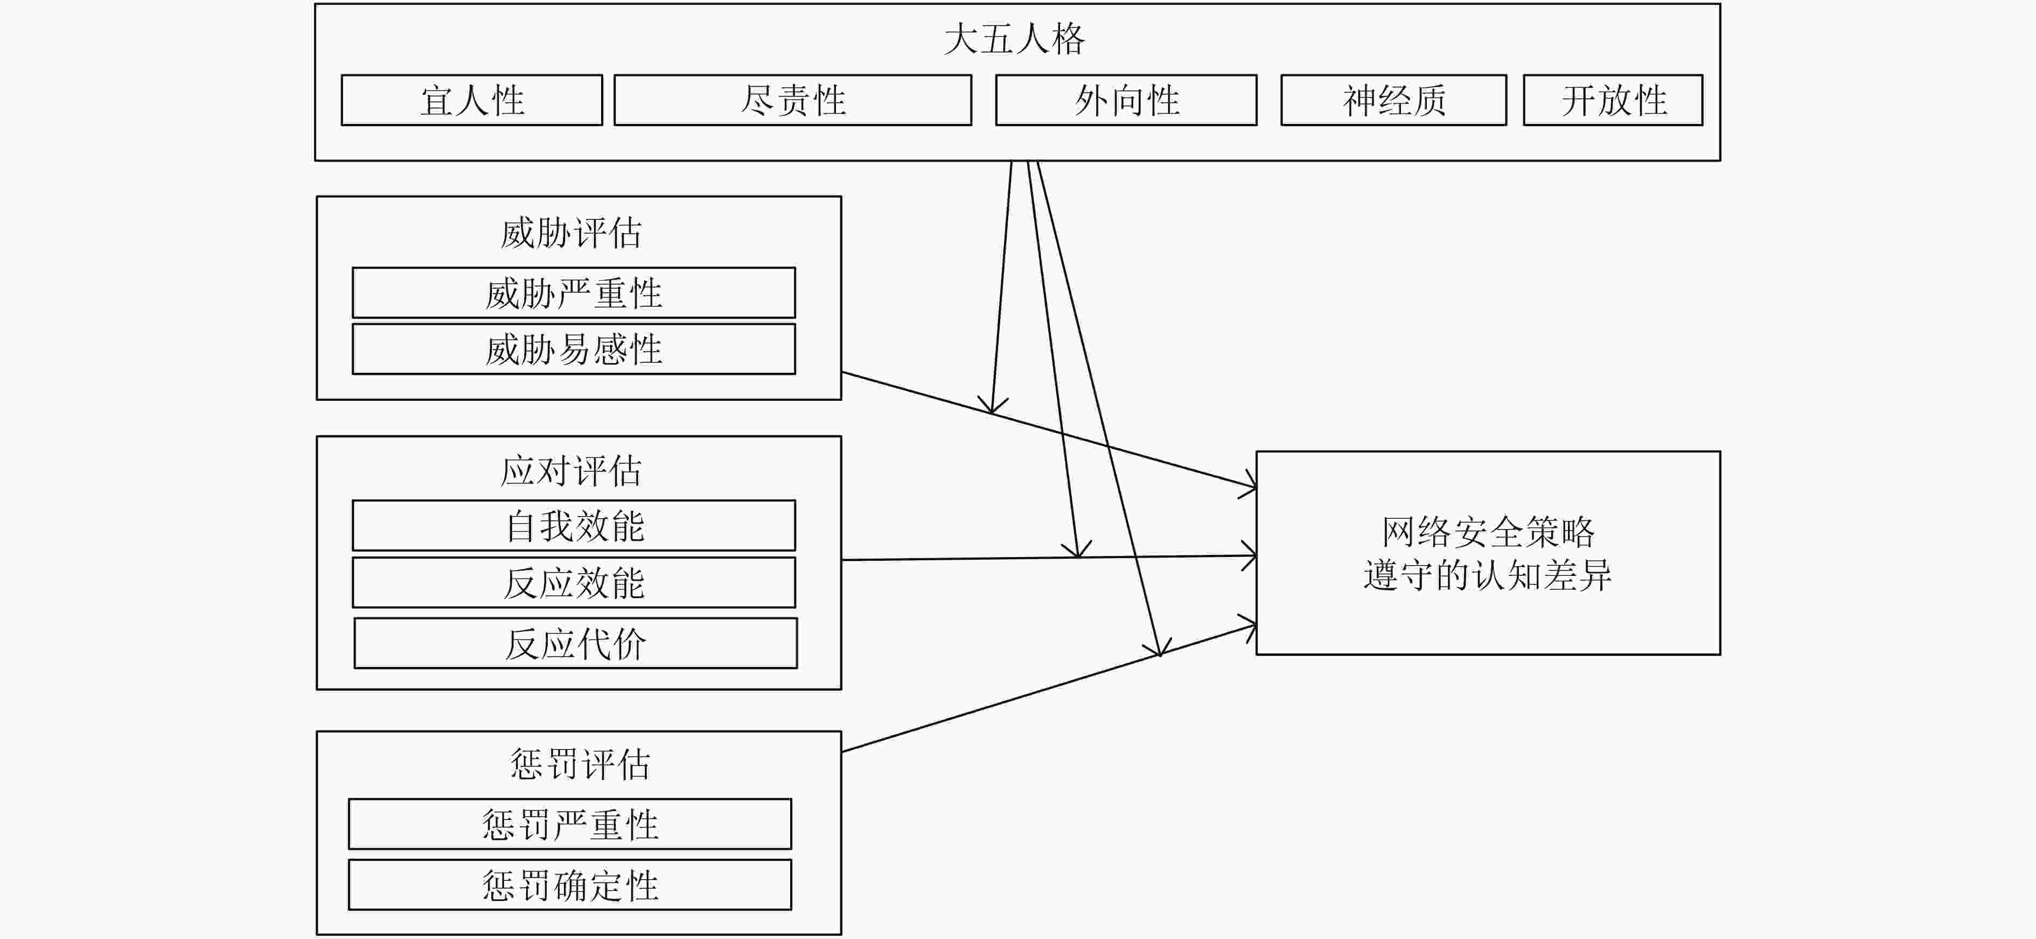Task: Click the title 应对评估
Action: [571, 471]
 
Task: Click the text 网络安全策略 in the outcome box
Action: [1488, 532]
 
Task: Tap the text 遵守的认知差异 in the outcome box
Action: [1488, 575]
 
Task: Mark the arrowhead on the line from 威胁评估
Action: [1249, 484]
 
